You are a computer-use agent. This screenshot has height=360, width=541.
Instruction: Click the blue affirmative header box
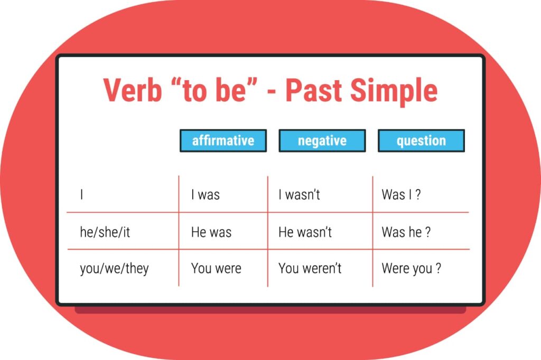click(x=223, y=141)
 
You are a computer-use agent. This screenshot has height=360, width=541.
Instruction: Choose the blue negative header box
click(x=322, y=141)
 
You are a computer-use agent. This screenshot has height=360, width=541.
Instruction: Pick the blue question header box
click(x=421, y=141)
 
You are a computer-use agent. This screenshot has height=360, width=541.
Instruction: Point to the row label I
click(x=82, y=195)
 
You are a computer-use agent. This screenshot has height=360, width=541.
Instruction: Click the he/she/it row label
click(x=105, y=232)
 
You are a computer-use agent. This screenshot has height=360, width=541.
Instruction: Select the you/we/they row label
click(x=114, y=269)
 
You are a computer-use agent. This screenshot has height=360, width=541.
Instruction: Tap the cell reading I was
click(x=205, y=195)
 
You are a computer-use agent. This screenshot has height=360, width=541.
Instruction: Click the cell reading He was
click(x=211, y=232)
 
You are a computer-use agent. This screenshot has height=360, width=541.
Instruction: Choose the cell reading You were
click(x=216, y=268)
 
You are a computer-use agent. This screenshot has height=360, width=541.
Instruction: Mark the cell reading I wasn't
click(x=299, y=195)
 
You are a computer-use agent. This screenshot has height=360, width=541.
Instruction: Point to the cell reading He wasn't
click(x=305, y=232)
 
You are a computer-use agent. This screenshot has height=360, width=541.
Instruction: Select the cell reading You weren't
click(x=310, y=268)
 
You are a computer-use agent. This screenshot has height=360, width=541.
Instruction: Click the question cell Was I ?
click(x=401, y=195)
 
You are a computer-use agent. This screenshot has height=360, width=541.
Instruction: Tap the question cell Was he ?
click(x=406, y=232)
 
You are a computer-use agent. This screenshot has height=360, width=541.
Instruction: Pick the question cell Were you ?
click(x=411, y=268)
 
